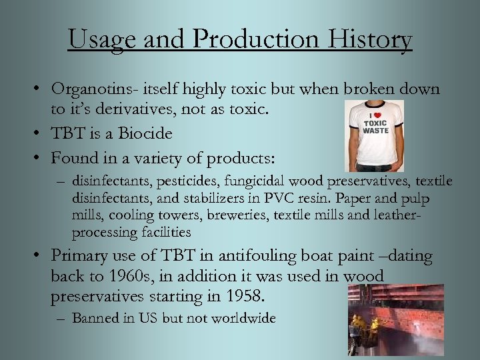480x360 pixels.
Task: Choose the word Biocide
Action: tap(145, 133)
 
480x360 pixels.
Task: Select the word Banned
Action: tap(94, 318)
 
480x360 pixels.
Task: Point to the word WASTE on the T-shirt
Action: tap(375, 131)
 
